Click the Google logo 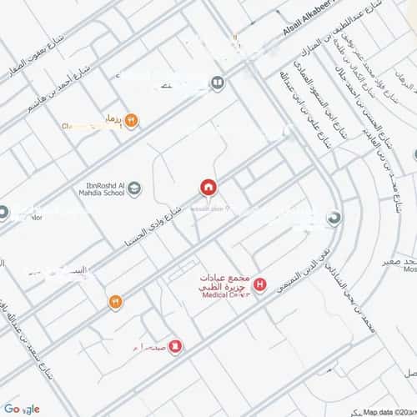pos(22,409)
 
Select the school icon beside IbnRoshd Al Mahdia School pos(134,188)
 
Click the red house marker pos(207,187)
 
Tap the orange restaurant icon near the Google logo pos(115,302)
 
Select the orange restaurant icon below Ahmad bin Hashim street pos(131,121)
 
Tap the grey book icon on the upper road pos(217,83)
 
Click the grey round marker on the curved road pos(334,219)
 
